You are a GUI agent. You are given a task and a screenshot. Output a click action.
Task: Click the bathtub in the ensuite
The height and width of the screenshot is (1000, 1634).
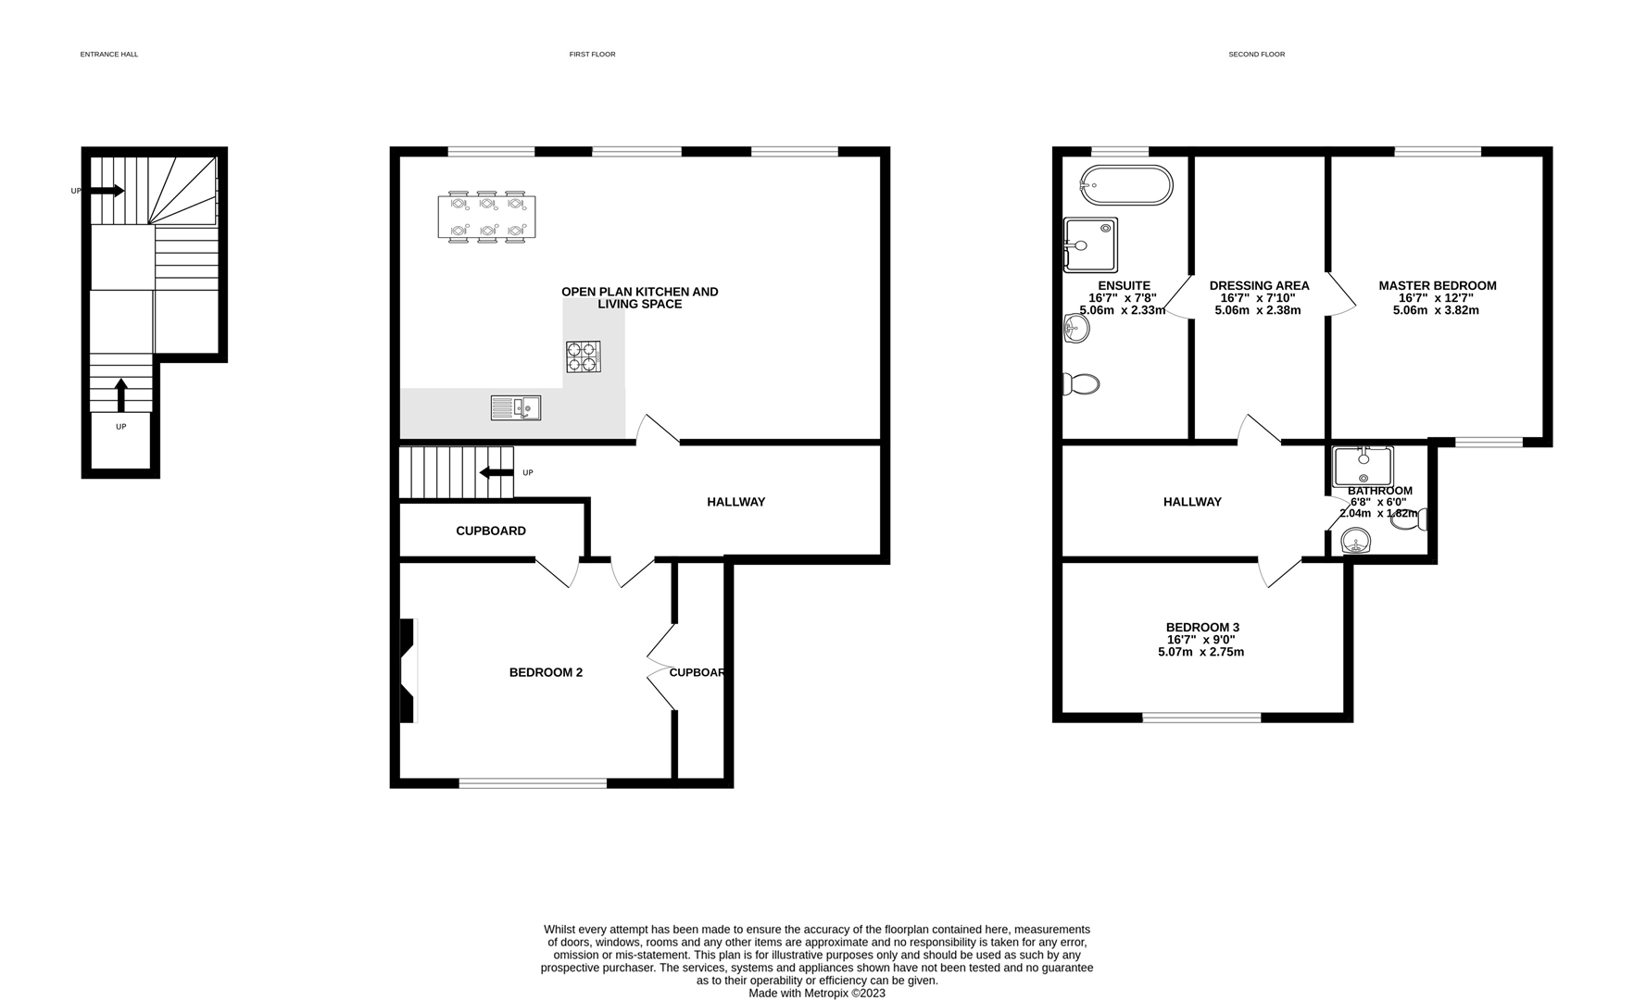tap(1126, 185)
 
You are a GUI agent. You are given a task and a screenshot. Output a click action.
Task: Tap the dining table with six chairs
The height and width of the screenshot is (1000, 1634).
tap(487, 217)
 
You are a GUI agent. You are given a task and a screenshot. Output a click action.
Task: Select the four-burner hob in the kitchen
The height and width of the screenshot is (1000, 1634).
tap(583, 356)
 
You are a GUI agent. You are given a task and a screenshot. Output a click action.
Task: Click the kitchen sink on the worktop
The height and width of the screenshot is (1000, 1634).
tap(516, 407)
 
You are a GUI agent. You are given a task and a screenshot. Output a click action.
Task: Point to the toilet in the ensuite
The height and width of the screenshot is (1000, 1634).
tap(1081, 383)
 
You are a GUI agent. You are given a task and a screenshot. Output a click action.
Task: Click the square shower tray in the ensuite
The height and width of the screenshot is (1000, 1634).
tap(1090, 245)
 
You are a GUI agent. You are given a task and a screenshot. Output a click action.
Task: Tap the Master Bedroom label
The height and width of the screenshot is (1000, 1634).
tap(1438, 286)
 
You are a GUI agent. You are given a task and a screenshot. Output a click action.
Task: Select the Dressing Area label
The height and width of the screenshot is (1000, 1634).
tap(1260, 286)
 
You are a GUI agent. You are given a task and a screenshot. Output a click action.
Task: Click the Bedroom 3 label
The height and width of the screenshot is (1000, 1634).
tap(1202, 628)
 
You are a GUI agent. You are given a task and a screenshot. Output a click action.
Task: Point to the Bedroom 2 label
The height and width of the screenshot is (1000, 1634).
tap(546, 672)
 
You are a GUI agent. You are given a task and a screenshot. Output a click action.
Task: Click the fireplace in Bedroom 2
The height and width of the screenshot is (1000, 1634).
tap(408, 670)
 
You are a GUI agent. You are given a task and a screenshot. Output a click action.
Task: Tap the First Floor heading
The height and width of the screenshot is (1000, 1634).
tap(593, 55)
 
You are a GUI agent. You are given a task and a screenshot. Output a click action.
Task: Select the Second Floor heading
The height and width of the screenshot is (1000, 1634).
tap(1257, 55)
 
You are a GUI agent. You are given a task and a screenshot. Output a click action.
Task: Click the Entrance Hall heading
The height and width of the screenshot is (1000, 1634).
tap(109, 55)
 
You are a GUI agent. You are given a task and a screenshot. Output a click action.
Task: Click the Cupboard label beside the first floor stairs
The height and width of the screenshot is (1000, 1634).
tap(491, 531)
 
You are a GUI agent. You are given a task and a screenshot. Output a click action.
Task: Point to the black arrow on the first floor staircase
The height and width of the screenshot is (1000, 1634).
tap(496, 472)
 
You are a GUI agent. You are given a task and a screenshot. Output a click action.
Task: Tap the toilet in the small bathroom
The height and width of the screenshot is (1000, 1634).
tap(1409, 520)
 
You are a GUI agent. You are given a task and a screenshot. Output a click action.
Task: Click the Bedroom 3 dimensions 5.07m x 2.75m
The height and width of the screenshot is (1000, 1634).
tap(1201, 652)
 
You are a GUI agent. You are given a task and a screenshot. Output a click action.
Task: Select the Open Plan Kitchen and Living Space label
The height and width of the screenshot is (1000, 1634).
tap(640, 297)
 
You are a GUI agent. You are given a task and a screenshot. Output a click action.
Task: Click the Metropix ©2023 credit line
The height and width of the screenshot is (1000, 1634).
tap(817, 994)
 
